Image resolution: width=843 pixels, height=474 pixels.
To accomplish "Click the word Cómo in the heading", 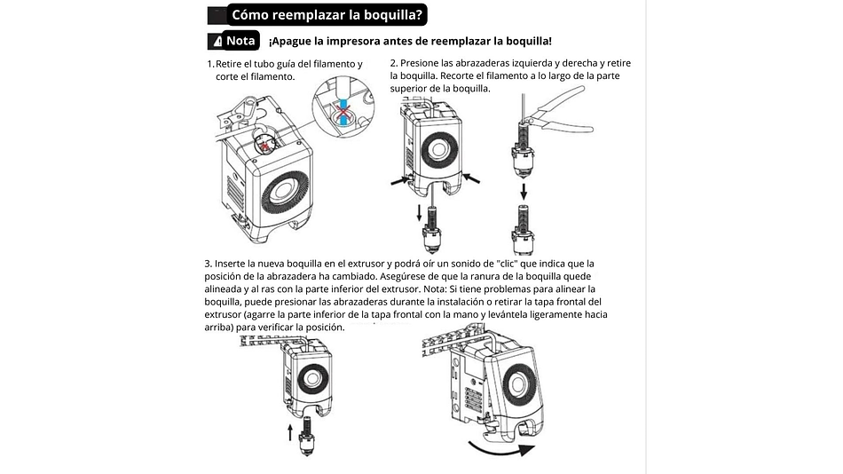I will click(x=251, y=14).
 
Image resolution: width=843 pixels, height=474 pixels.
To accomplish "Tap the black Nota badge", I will click(x=240, y=41).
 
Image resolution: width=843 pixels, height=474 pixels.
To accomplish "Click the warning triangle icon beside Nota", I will click(x=216, y=42).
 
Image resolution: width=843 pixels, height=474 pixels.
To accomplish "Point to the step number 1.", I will click(x=209, y=64).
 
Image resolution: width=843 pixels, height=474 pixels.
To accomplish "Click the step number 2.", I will click(x=394, y=64).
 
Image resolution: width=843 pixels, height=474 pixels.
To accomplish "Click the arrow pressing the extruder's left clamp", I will click(x=400, y=181).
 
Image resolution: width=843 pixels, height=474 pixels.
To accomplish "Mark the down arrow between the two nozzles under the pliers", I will click(x=524, y=193).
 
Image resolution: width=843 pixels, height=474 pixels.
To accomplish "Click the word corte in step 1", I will click(x=228, y=76).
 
